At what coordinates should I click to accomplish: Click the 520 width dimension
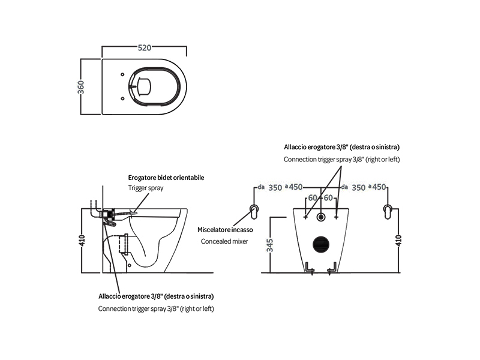[145, 48]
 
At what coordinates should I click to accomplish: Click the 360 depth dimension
[81, 87]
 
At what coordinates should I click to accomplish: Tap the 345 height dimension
[269, 245]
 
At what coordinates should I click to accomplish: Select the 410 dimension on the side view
[82, 241]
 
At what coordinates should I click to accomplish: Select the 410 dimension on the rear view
[398, 241]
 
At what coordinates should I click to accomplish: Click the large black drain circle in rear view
[321, 244]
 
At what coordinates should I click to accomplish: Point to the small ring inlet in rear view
[321, 217]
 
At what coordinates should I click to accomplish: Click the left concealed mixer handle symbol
[254, 212]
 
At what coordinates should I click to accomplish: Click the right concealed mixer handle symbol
[388, 212]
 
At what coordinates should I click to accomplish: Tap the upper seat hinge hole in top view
[122, 74]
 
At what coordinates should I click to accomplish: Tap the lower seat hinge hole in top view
[122, 98]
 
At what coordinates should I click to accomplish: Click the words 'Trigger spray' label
[146, 188]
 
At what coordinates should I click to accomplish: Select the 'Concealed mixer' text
[224, 241]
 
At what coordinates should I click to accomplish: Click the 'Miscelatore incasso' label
[225, 230]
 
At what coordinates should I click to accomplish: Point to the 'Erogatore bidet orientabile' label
[166, 178]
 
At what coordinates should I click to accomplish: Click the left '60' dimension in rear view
[313, 198]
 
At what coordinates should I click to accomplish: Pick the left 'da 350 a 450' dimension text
[280, 187]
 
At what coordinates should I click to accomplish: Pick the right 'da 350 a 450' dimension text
[364, 187]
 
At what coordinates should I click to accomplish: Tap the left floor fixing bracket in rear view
[310, 268]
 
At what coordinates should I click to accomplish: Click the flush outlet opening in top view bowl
[144, 86]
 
